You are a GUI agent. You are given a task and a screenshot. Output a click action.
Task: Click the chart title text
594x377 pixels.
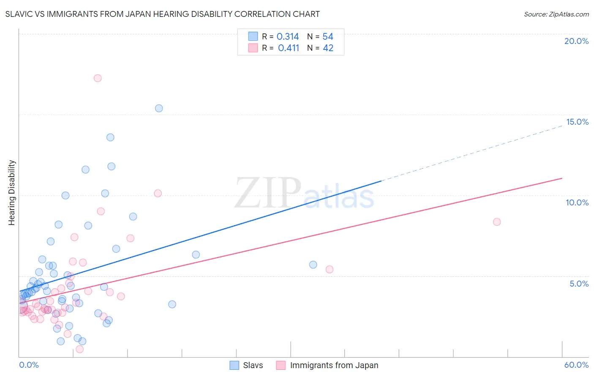pos(162,14)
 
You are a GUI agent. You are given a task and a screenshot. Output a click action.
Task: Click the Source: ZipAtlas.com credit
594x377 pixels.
pos(556,14)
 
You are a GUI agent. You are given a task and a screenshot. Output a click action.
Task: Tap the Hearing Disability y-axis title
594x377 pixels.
pos(11,193)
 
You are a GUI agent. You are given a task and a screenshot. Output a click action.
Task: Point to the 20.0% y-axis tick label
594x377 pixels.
pos(576,41)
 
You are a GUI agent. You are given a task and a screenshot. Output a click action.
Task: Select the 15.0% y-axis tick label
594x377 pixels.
pos(577,122)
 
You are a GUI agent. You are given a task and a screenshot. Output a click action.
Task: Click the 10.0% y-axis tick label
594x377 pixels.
pos(577,202)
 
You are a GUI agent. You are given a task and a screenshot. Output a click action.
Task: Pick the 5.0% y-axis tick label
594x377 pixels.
pos(579,284)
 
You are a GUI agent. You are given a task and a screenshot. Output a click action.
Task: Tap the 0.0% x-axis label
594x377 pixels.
pos(29,365)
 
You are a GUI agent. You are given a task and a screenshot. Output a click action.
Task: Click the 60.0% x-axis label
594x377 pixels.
pos(576,365)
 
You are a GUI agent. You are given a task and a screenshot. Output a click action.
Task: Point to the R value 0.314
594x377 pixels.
pos(288,37)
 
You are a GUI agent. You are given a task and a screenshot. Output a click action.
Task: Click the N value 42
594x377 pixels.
pos(328,48)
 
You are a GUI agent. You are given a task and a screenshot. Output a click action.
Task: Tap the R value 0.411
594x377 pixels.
pos(289,48)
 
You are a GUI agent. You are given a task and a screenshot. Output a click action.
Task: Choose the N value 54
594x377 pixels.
pos(328,37)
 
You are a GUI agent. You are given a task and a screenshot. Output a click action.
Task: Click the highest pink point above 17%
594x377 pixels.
pos(98,78)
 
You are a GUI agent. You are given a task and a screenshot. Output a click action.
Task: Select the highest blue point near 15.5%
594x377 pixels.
pos(159,108)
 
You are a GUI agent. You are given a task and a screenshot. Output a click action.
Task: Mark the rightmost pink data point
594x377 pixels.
pos(497,222)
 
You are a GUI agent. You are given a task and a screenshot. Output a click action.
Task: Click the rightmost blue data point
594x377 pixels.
pos(313,265)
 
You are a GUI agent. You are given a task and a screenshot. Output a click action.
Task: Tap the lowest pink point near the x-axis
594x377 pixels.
pos(79,349)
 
